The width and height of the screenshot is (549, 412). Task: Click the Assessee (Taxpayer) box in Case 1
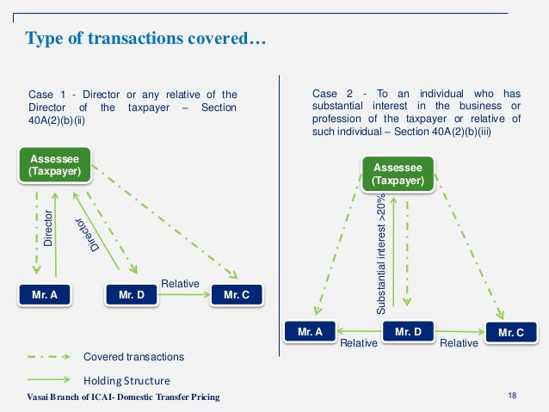coord(56,165)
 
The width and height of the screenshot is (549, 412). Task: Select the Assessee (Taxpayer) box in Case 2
coord(398,175)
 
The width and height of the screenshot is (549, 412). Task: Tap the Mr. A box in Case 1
coord(45,294)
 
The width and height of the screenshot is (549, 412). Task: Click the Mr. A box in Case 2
coord(311,331)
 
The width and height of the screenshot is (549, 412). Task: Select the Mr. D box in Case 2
coord(407,331)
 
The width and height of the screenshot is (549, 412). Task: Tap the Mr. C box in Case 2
coord(510,332)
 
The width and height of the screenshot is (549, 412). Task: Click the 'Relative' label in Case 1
coord(180,283)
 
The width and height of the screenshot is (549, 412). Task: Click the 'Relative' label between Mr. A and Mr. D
coord(359,342)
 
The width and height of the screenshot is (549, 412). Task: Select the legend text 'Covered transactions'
coord(133,356)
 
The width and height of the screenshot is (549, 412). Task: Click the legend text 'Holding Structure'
coord(126,380)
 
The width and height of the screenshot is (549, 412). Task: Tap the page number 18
coord(513,395)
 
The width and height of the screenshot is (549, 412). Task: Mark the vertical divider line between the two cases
coord(281,215)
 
